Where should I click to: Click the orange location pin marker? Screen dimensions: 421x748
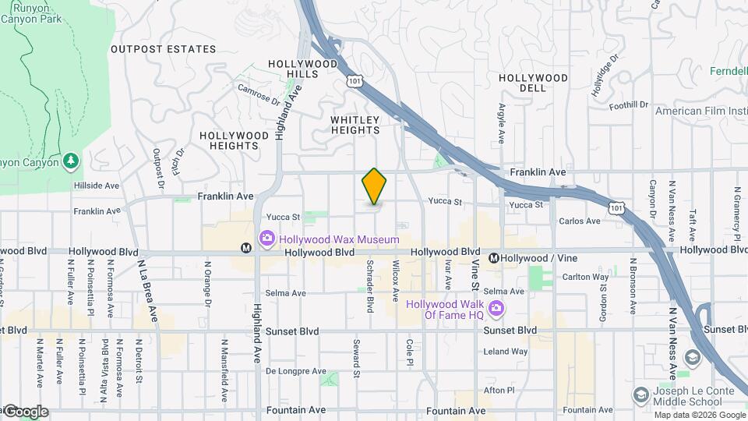coord(374,186)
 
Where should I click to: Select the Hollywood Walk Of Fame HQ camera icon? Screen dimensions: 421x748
coord(496,312)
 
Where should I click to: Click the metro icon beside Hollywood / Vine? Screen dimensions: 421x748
coord(493,258)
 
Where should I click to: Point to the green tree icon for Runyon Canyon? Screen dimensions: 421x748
coord(72,161)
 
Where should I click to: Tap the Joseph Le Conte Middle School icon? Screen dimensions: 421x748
coord(640,395)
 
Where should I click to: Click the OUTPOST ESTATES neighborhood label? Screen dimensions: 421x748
coord(163,49)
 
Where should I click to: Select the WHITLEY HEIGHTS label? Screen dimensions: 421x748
coord(355,125)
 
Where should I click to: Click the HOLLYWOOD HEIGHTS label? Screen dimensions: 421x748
coord(228,140)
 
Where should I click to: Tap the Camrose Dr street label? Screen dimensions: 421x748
coord(258,94)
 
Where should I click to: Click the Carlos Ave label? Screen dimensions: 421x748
coord(580,221)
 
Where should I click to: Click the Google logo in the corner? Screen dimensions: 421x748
coord(26,412)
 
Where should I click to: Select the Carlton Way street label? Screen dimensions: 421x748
coord(585,277)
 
